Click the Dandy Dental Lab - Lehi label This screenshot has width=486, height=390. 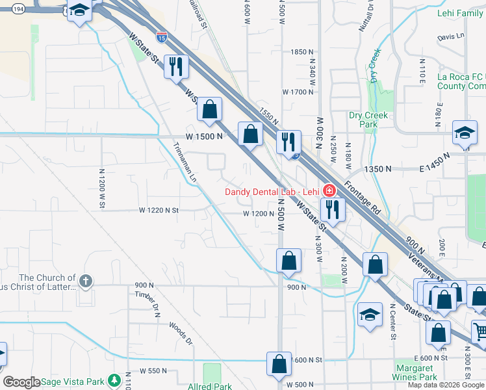272,191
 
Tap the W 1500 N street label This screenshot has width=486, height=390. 204,136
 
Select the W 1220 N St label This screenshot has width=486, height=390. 159,211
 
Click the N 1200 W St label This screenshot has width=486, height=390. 102,188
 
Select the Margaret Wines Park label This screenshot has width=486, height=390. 416,372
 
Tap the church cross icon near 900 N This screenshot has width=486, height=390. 85,281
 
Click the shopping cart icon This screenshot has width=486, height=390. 480,331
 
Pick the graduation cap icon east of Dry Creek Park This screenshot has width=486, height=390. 465,133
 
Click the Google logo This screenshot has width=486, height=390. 21,382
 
